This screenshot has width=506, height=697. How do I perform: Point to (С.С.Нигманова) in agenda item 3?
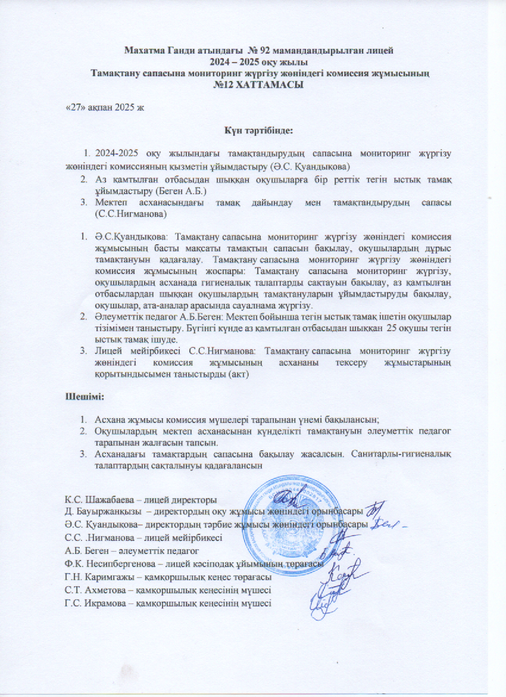[131, 213]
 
